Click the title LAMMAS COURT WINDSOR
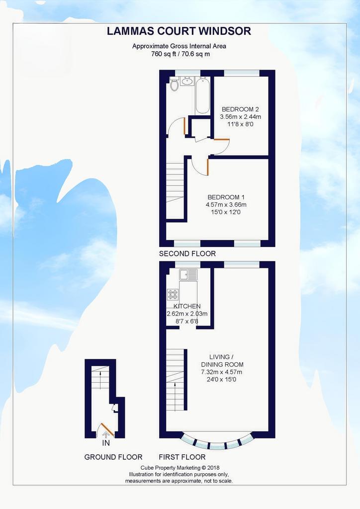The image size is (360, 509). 179,31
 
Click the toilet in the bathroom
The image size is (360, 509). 175,84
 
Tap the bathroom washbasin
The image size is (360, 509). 186,81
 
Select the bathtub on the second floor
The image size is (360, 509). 202,95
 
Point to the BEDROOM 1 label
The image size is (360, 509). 226,197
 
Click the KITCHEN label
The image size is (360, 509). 187,306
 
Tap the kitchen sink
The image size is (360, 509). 188,274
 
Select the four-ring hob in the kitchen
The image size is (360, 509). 173,294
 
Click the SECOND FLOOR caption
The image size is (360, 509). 187,254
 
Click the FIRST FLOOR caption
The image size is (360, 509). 182,457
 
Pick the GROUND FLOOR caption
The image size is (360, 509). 113,457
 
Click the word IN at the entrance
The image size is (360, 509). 106,443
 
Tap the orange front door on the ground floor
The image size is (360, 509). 107,429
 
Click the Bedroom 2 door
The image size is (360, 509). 222,140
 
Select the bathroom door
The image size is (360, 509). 184,126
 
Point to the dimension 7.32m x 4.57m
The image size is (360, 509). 222,372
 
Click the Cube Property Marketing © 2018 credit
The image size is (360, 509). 180,468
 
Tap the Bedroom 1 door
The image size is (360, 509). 207,167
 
